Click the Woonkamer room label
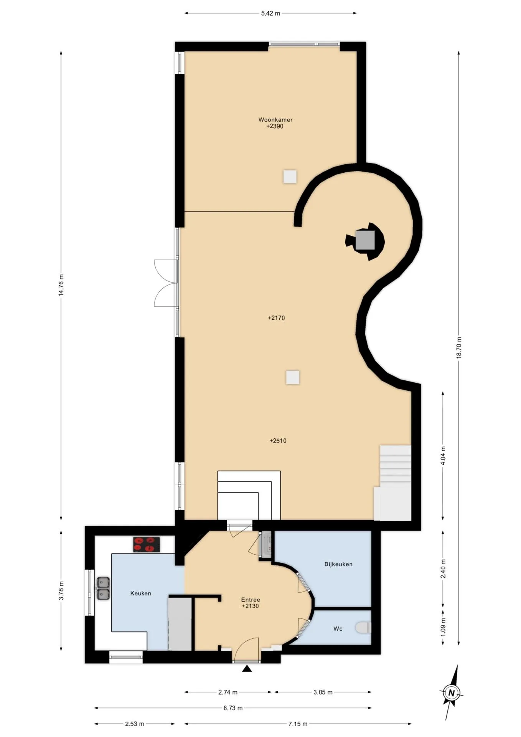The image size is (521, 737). [275, 120]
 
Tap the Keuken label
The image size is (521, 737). [140, 593]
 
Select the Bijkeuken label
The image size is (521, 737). [338, 564]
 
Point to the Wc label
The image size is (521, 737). [338, 629]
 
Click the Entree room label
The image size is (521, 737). [251, 600]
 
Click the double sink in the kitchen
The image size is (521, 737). [103, 588]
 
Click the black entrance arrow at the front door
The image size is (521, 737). [247, 669]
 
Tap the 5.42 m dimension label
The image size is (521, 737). [270, 13]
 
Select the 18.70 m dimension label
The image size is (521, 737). [459, 347]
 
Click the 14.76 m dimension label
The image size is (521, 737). [61, 285]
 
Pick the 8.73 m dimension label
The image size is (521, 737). [233, 708]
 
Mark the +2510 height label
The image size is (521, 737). [278, 441]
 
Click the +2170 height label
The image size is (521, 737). [276, 318]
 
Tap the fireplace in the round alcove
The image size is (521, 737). [365, 241]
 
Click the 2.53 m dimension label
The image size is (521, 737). [135, 724]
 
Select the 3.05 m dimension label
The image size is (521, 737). [323, 692]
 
